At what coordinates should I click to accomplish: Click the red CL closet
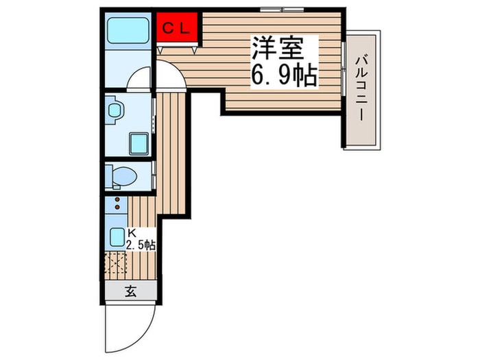coord(177,28)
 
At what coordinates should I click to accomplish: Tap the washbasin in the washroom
coord(115,110)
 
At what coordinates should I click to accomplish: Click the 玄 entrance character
coord(130,291)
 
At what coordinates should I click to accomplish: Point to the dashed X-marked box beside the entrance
coord(116,264)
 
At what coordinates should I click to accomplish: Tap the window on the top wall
coord(281,10)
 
